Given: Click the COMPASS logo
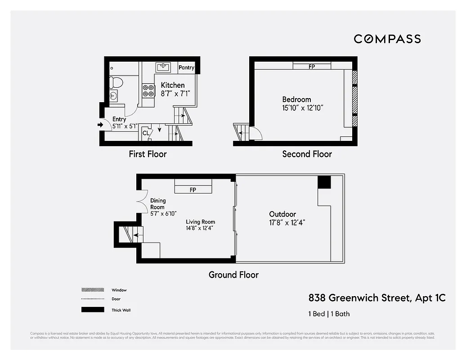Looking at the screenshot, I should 387,39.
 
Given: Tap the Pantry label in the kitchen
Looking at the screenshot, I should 186,68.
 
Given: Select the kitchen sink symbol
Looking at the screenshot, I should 164,67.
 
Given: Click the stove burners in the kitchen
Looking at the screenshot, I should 148,90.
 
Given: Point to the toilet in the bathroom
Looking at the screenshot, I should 116,82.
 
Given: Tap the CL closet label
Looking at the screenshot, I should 146,133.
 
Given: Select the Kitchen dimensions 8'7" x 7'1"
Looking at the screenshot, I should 173,94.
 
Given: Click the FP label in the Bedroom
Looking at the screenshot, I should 312,67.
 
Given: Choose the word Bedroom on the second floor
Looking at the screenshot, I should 296,99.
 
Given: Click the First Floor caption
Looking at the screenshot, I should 148,154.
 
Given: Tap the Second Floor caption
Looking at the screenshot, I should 307,154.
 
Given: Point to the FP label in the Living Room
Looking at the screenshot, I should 193,190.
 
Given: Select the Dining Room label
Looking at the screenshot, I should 158,204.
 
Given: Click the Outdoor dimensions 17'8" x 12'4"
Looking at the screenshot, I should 287,222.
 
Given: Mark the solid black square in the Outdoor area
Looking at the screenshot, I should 324,182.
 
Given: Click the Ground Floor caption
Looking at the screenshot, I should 233,274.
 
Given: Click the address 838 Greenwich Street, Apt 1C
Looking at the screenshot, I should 377,297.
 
